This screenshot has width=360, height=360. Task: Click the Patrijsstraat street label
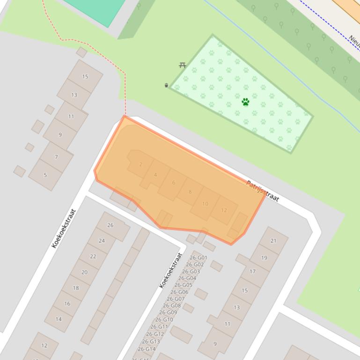tap(263, 191)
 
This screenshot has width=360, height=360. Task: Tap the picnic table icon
tap(183, 65)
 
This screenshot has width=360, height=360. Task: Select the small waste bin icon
tap(166, 85)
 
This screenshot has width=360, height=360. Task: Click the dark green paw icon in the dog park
tap(245, 101)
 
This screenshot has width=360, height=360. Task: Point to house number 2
tap(140, 165)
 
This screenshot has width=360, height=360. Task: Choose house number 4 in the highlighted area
tap(155, 175)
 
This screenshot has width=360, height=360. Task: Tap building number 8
tap(190, 192)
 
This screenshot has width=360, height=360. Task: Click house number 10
tap(205, 204)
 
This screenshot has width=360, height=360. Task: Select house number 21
tap(273, 241)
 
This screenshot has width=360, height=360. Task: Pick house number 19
tap(264, 258)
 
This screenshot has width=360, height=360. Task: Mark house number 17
tap(253, 271)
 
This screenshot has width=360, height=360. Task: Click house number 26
tap(110, 225)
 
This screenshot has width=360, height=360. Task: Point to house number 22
tap(93, 256)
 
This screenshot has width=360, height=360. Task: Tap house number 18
tap(76, 288)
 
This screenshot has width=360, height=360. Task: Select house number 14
tap(59, 319)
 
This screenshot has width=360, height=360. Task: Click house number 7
tap(56, 157)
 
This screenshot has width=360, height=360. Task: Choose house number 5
tap(45, 175)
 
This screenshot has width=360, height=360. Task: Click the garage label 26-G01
tap(198, 258)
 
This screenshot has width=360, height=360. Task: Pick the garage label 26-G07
tap(176, 299)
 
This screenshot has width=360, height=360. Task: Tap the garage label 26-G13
tap(151, 341)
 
